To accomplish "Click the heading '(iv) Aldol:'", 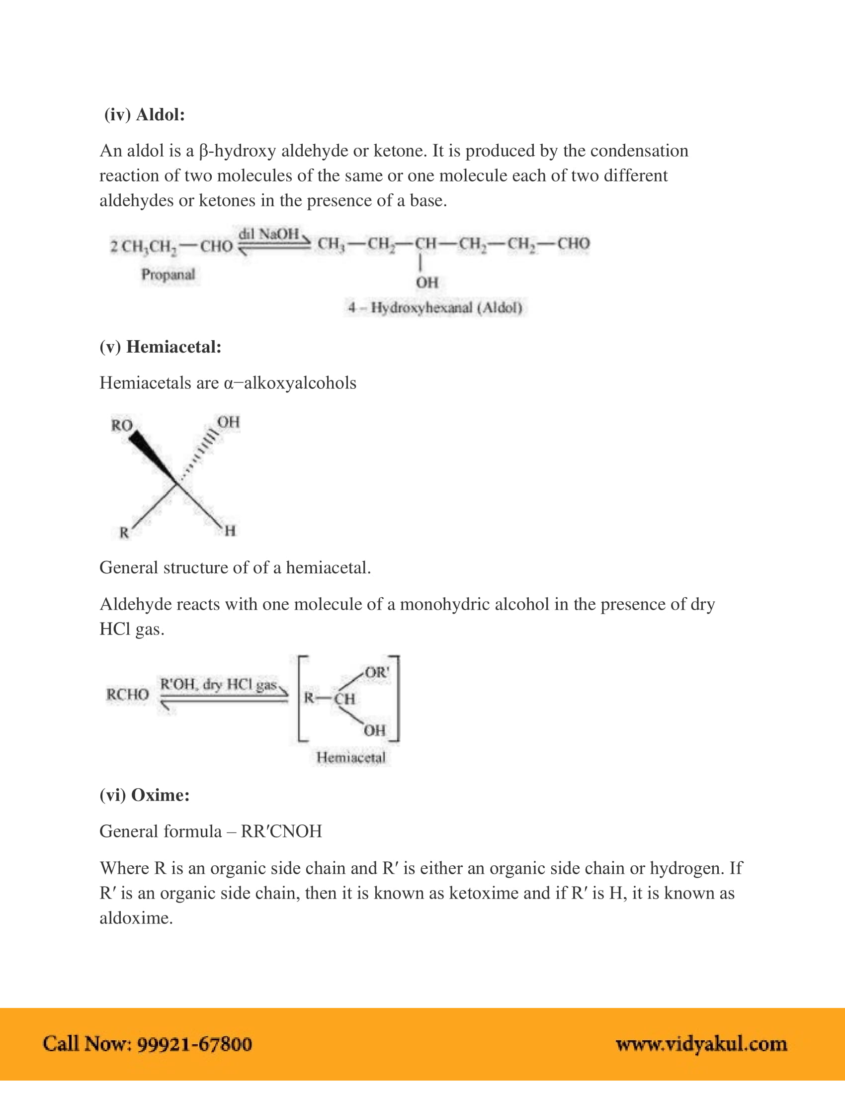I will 144,115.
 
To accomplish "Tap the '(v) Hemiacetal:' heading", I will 160,347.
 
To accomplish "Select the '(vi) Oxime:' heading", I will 144,795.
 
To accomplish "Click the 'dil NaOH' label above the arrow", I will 269,234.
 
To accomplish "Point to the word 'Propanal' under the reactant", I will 168,274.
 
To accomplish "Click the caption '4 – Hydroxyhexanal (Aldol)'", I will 435,307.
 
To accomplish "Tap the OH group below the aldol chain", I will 427,282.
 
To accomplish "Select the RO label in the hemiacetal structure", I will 122,425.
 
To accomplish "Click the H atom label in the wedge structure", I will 230,531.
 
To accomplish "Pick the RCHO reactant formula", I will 128,694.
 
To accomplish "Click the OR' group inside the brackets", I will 376,672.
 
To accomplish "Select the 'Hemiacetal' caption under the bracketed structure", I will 351,757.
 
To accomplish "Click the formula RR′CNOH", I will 281,831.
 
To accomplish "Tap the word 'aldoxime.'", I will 136,918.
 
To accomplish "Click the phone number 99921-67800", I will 194,1044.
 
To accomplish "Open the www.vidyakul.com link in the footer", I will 701,1044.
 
